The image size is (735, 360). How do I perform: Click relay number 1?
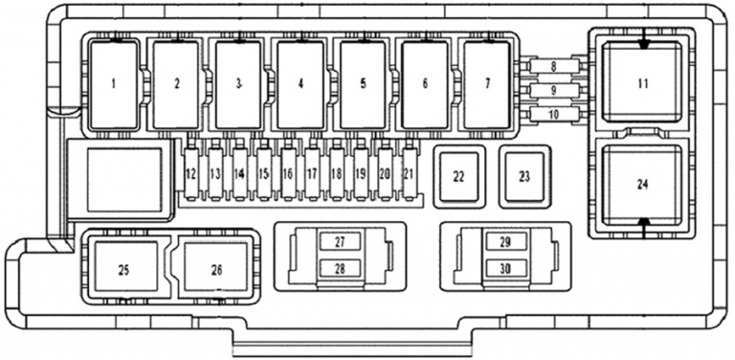pyautogui.click(x=114, y=84)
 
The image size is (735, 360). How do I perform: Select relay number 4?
pyautogui.click(x=301, y=84)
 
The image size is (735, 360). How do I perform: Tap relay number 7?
pyautogui.click(x=487, y=84)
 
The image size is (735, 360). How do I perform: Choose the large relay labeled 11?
pyautogui.click(x=642, y=83)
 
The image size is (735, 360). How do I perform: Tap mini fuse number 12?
pyautogui.click(x=191, y=173)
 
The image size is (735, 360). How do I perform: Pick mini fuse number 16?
pyautogui.click(x=288, y=173)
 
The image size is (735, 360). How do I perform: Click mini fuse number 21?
pyautogui.click(x=410, y=173)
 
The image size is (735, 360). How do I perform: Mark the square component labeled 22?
pyautogui.click(x=458, y=175)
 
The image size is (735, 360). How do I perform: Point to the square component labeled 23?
pyautogui.click(x=523, y=175)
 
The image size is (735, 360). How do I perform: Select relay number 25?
pyautogui.click(x=123, y=269)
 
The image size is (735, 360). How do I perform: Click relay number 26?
pyautogui.click(x=216, y=269)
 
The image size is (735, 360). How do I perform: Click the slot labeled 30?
pyautogui.click(x=505, y=268)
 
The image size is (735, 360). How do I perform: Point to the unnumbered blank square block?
pyautogui.click(x=124, y=180)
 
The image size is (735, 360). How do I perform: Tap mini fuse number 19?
pyautogui.click(x=361, y=173)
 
